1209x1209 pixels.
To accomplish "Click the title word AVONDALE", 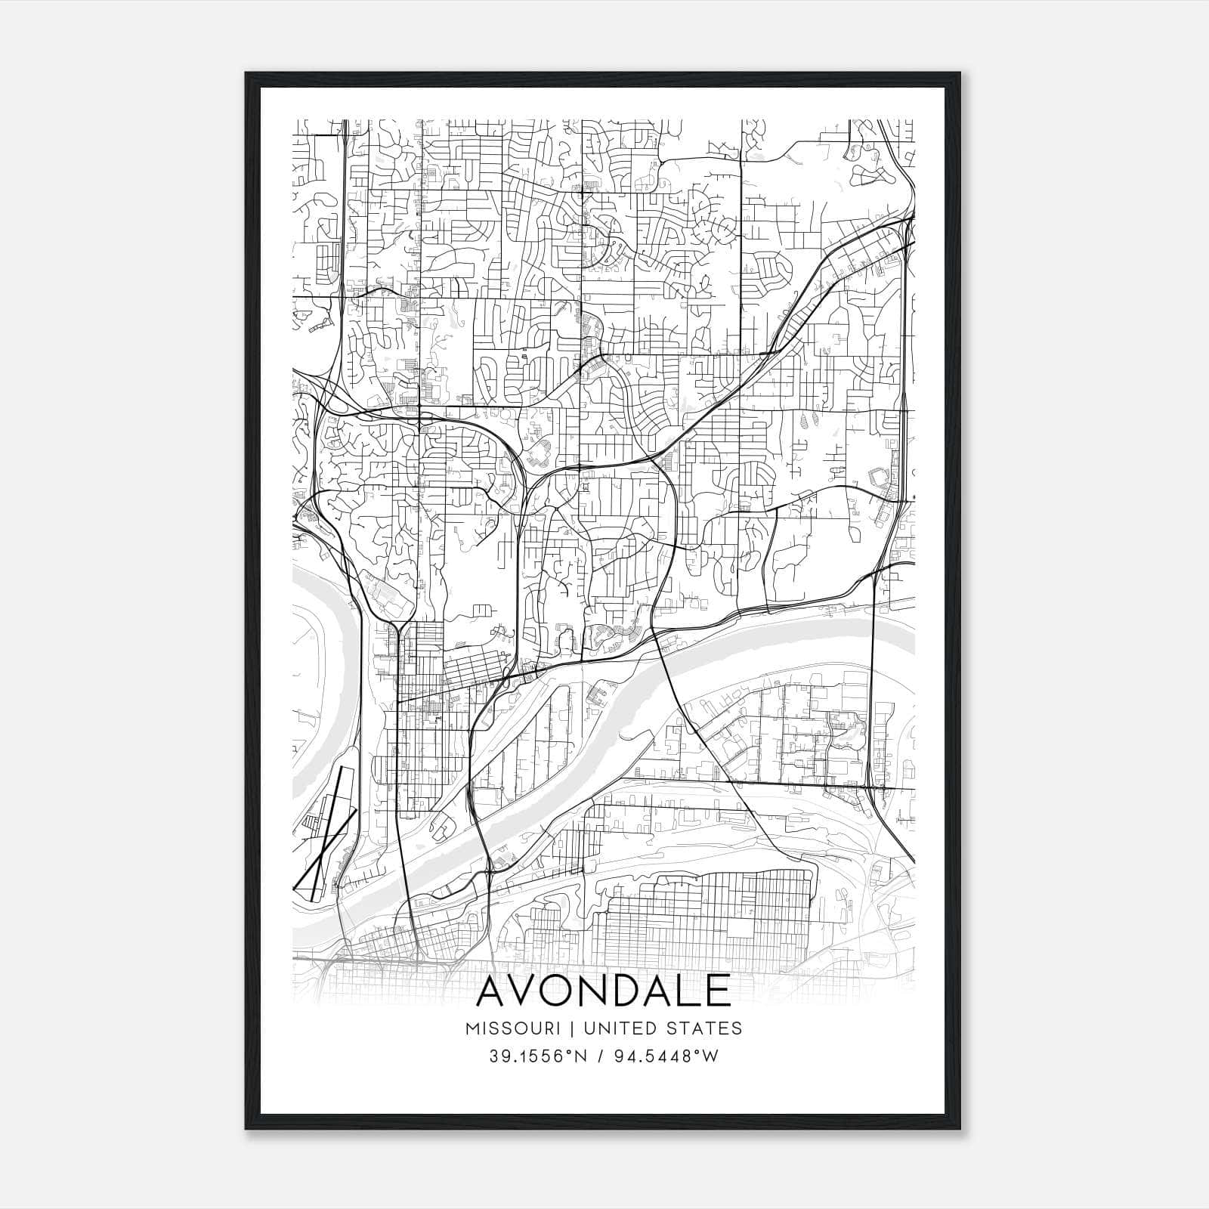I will tap(604, 991).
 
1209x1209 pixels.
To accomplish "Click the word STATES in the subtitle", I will tap(706, 1028).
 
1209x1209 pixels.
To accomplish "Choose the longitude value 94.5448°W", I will tap(667, 1056).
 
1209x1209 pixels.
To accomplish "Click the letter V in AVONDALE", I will tap(530, 991).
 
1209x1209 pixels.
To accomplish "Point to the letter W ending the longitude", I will tap(710, 1056).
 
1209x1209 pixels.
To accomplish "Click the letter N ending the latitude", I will tap(582, 1056).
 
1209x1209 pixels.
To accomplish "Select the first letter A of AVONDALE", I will tap(493, 991).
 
